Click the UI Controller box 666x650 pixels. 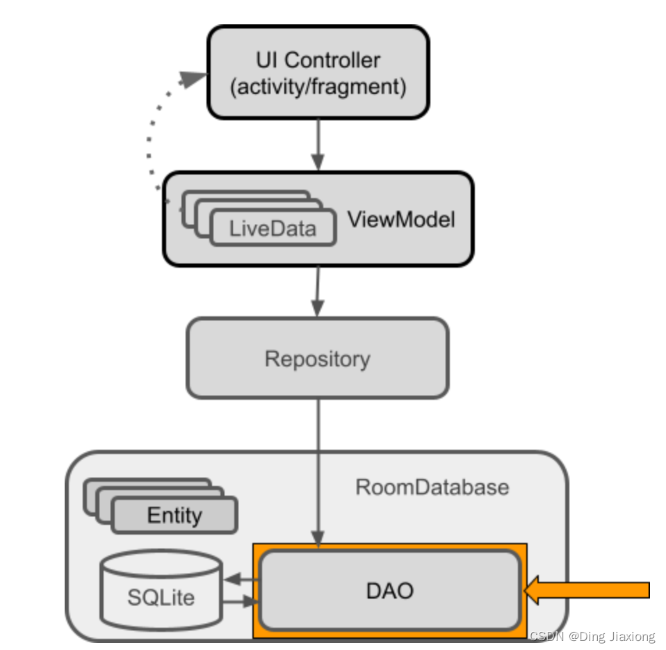pos(318,72)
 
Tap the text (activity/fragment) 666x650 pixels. pos(318,88)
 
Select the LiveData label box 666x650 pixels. pos(273,228)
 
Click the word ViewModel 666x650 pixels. pos(401,220)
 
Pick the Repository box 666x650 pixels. pos(317,359)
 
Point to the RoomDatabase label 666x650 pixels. pos(432,487)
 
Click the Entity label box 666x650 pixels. pos(174,516)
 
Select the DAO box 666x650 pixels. pos(389,590)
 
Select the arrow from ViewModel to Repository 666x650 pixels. pos(318,291)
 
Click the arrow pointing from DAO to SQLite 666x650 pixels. pos(240,578)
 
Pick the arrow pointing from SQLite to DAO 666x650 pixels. pos(240,603)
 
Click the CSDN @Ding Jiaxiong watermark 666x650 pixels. pos(592,636)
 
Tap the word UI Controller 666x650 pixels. pos(318,60)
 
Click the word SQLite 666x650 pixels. pos(161,597)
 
